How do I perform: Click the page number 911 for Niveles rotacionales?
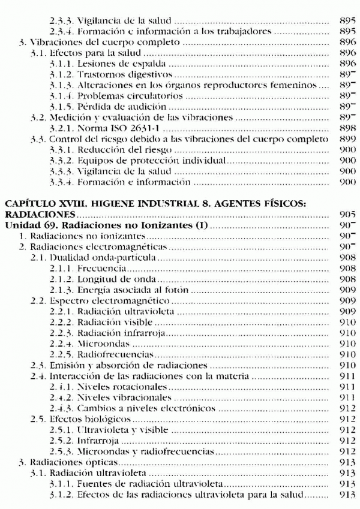[x=347, y=385]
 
